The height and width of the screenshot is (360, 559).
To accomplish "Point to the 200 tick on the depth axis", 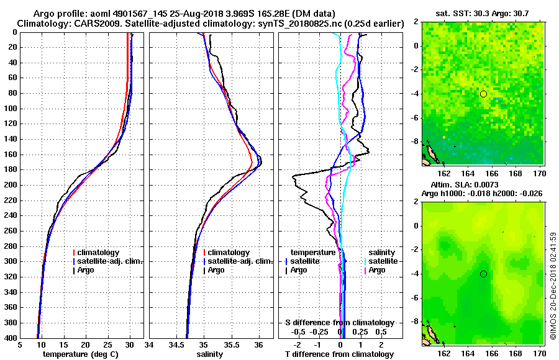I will click(x=13, y=185).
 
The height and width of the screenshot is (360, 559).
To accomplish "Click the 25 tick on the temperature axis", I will click(x=107, y=345).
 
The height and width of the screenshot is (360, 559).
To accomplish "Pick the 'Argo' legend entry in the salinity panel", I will click(x=216, y=270).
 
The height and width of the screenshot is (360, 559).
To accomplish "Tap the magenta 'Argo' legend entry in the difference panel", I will click(x=377, y=270).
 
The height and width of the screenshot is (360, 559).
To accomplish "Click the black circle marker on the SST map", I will click(x=483, y=94).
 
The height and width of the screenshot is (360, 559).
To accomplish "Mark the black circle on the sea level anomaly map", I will click(x=483, y=274).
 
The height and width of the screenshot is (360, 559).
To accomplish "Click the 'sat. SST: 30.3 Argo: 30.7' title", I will click(x=480, y=13).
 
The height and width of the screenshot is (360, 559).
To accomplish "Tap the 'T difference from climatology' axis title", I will click(x=339, y=354).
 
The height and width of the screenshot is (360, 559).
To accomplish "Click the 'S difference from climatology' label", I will click(x=339, y=323).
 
